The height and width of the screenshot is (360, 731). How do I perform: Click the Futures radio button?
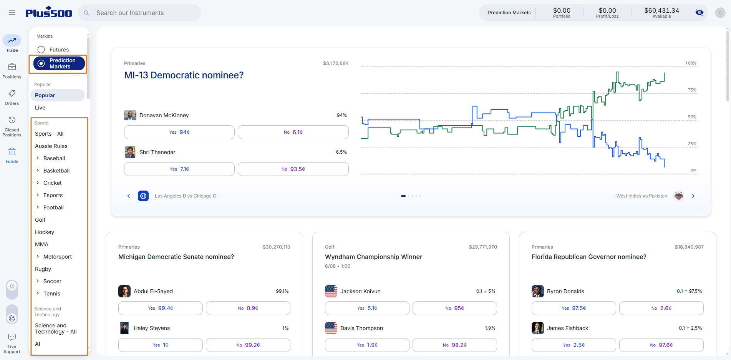[41, 50]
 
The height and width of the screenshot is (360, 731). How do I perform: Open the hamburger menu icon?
[12, 13]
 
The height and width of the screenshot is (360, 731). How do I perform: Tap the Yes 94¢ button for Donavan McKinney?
[179, 132]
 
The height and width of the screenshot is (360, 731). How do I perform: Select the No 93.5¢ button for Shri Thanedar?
[293, 169]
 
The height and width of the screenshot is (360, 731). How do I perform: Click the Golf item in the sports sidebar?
[40, 220]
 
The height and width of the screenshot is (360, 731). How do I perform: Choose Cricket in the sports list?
[53, 183]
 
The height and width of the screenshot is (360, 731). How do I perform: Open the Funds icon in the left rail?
[12, 151]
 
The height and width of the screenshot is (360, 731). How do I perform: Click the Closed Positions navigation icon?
[12, 120]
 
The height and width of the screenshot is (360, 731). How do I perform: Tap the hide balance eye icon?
[700, 13]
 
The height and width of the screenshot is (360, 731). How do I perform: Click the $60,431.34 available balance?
[661, 10]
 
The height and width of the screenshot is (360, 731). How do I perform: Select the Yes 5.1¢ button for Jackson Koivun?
[367, 308]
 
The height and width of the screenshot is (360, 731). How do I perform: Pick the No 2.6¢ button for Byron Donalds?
[661, 308]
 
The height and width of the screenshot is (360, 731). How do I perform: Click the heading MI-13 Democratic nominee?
[184, 75]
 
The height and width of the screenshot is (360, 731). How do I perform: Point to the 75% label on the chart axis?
[692, 90]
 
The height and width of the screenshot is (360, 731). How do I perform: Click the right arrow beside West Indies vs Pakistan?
[693, 196]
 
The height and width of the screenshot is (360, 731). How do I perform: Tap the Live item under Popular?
[40, 108]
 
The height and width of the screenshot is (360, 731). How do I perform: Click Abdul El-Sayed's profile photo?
[124, 291]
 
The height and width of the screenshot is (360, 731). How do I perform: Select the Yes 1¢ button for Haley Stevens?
[161, 345]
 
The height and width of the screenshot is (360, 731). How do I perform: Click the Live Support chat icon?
[12, 337]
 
